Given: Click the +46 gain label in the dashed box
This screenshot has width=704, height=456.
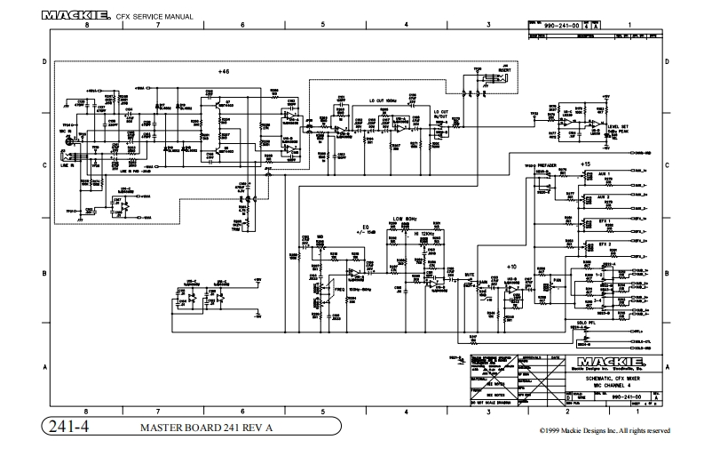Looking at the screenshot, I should coord(223,70).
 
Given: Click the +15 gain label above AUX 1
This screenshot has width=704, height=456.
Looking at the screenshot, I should coord(585,165).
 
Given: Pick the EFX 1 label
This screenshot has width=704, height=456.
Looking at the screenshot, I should coord(604,219).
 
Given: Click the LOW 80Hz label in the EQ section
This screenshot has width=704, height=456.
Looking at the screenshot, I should coord(405,218).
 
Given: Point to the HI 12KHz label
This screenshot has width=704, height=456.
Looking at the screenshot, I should coord(422,233).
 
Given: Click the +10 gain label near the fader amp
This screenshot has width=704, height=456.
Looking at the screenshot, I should coord(510,267).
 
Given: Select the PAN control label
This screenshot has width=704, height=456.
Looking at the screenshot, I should coord(559,279).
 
